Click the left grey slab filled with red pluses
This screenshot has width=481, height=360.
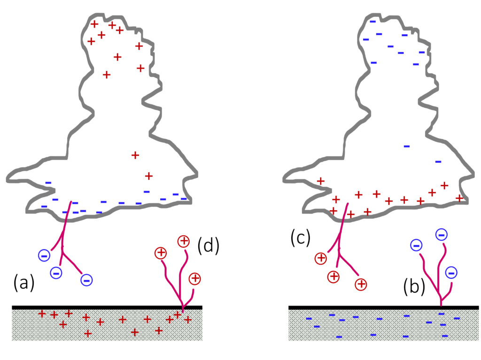tap(107, 325)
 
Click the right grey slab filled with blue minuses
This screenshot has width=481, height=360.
tap(383, 325)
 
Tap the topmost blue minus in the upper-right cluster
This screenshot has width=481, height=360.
tap(373, 22)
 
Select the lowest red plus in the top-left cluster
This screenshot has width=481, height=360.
tap(107, 75)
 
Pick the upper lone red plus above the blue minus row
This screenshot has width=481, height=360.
tap(135, 155)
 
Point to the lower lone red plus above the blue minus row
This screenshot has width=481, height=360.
tap(149, 176)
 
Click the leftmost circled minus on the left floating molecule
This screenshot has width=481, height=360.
tap(44, 255)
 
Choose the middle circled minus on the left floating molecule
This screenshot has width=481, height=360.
tap(56, 273)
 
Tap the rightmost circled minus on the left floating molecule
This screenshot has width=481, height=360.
tap(86, 280)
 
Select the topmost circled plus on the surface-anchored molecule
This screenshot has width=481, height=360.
tap(184, 241)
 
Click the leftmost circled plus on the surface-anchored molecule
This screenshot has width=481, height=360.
tap(161, 253)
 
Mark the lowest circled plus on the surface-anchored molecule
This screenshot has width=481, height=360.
tap(195, 279)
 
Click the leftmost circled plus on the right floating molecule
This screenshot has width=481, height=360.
tap(321, 259)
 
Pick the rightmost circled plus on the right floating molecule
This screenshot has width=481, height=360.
tap(361, 284)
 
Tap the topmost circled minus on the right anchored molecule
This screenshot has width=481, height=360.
tap(442, 235)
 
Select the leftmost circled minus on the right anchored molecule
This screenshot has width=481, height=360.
tap(416, 245)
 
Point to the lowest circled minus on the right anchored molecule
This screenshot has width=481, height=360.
tap(451, 273)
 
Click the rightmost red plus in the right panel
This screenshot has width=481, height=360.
tap(459, 198)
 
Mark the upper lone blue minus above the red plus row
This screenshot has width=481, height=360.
tap(407, 146)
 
